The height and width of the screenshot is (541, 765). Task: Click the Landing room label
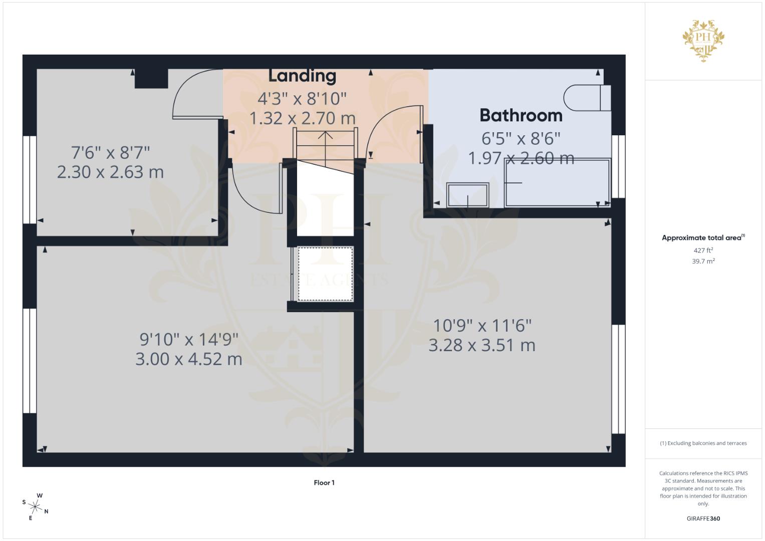click(x=302, y=76)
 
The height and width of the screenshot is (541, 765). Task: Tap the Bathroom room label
click(x=521, y=115)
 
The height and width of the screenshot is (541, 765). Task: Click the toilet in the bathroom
click(x=586, y=98)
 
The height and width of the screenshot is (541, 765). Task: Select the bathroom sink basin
click(x=468, y=194)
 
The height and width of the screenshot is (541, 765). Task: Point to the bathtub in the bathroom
click(x=558, y=183)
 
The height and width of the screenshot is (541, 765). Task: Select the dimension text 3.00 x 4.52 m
click(x=189, y=359)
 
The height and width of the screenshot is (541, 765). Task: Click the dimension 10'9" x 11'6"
click(x=482, y=326)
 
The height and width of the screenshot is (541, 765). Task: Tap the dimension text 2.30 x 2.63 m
click(x=110, y=172)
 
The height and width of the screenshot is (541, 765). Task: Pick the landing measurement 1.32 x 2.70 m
click(x=302, y=119)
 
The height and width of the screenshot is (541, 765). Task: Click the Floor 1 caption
click(x=324, y=483)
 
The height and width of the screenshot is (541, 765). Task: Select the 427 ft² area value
click(x=703, y=250)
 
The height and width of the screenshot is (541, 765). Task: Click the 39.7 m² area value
click(x=703, y=261)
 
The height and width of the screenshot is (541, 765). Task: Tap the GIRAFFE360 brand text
click(x=703, y=518)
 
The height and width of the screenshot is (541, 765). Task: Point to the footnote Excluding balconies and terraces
click(x=703, y=443)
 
